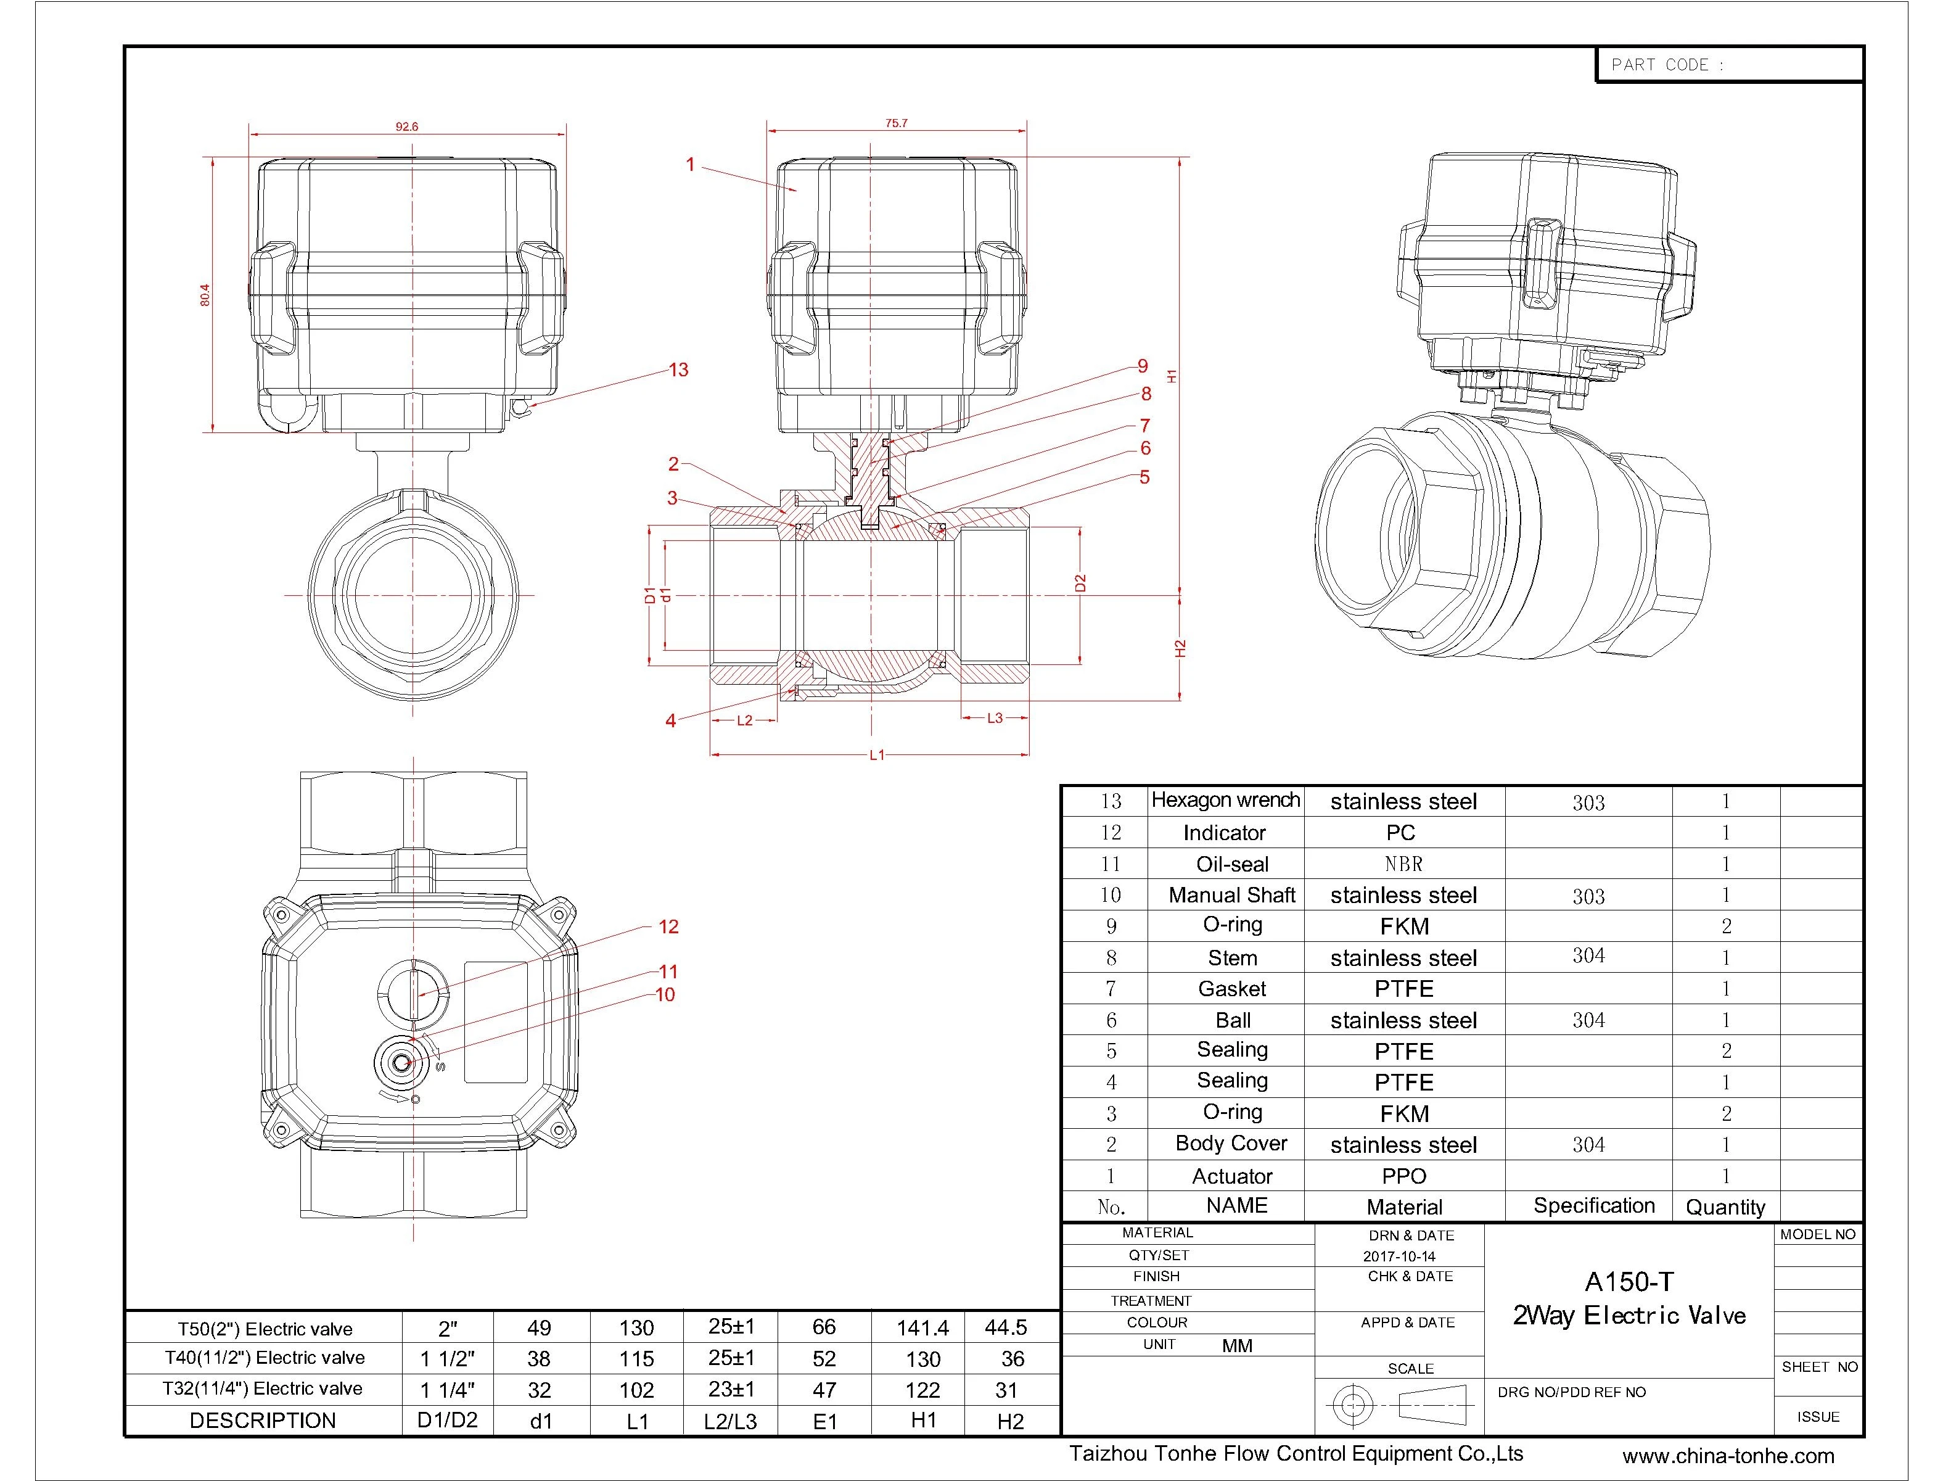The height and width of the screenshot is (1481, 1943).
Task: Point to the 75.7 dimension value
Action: (896, 123)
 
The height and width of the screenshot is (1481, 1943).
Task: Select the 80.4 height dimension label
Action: (205, 294)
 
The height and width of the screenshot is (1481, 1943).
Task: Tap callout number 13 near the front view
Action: (678, 370)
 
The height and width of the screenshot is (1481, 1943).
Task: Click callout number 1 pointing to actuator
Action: (691, 165)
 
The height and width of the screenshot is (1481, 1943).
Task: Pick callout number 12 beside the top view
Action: (669, 926)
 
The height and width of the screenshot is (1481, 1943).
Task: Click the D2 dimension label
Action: (1080, 583)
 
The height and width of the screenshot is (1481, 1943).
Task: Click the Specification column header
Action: (1594, 1206)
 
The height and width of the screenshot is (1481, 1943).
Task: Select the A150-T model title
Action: (1629, 1282)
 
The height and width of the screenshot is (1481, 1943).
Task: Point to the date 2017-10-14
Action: (1399, 1256)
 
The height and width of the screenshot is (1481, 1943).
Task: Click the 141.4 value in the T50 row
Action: (922, 1327)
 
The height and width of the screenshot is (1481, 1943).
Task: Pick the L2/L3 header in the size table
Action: (731, 1421)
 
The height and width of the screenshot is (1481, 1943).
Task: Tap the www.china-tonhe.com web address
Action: (1728, 1456)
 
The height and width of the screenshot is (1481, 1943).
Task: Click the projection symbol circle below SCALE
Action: (1354, 1403)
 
